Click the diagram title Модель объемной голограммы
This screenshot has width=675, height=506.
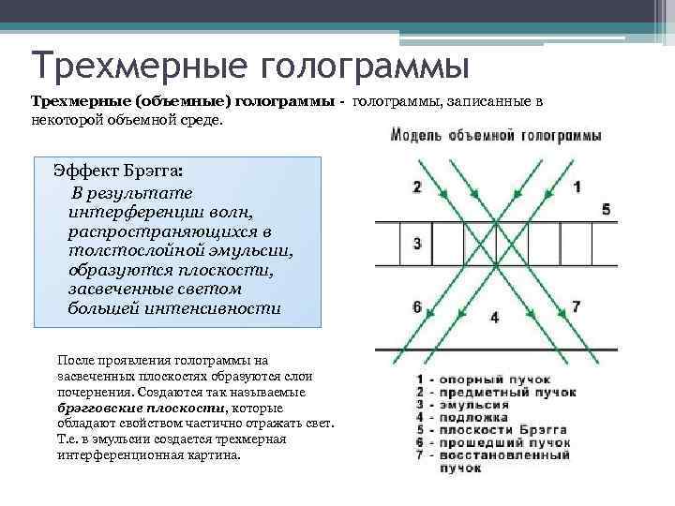coord(495,137)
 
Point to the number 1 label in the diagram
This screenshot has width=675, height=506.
coord(577,186)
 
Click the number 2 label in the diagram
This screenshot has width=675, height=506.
coord(416,186)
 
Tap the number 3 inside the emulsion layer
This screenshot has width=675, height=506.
coord(416,244)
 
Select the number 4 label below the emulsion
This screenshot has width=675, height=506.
coord(494,317)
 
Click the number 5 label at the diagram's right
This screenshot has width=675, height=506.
coord(607,209)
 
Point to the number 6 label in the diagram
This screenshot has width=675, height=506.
coord(416,306)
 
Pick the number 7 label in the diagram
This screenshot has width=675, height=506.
coord(577,306)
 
